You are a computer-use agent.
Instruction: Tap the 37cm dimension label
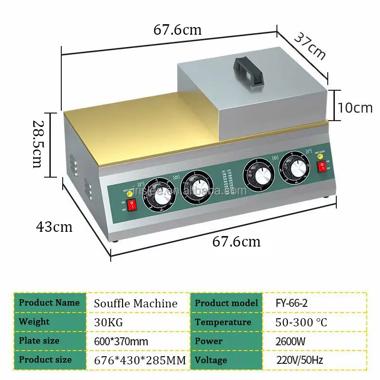click(x=310, y=46)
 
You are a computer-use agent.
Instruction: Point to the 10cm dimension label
click(x=355, y=107)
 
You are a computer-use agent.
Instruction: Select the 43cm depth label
click(x=54, y=227)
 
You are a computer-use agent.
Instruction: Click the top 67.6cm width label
click(x=178, y=29)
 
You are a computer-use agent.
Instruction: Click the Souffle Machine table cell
click(x=136, y=303)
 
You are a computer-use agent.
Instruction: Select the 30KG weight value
click(x=109, y=322)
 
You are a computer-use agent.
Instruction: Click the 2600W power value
click(x=290, y=341)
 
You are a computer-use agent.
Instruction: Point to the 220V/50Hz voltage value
click(x=299, y=360)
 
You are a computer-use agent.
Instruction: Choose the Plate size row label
click(x=39, y=341)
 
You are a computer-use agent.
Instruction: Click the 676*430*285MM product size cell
click(x=140, y=360)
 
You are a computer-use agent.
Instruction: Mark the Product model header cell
click(x=227, y=303)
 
